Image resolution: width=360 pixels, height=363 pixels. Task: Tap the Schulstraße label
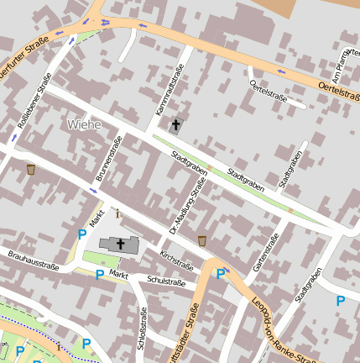[165, 281]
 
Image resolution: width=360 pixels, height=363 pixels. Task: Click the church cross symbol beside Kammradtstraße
[175, 126]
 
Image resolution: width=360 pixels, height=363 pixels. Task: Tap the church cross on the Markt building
[121, 245]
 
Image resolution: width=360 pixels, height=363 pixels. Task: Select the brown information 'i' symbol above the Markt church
[117, 213]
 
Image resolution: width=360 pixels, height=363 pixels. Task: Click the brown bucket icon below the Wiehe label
[31, 169]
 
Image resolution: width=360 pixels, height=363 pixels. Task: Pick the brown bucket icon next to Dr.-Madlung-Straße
[202, 241]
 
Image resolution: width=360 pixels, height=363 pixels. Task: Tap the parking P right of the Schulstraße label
[221, 273]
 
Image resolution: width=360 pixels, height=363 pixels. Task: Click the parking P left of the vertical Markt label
[81, 235]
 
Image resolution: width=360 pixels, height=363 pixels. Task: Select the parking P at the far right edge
[340, 301]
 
